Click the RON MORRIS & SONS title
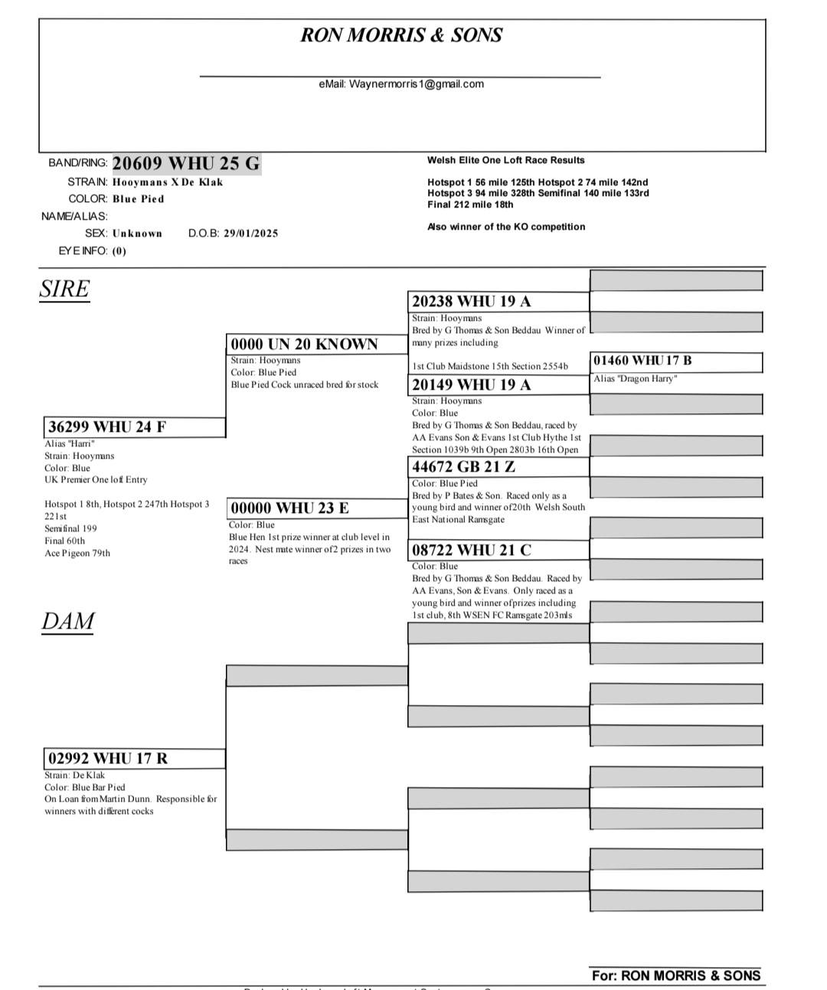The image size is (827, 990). click(x=400, y=35)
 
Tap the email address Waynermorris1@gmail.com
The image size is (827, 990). click(x=401, y=84)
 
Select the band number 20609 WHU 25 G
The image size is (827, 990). click(x=186, y=163)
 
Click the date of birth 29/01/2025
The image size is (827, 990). click(x=250, y=234)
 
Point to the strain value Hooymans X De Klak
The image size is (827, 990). click(x=168, y=182)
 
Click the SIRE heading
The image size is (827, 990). click(x=64, y=289)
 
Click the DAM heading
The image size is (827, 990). click(x=67, y=621)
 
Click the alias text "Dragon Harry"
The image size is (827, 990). click(x=635, y=379)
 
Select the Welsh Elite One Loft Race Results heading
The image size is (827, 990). click(x=505, y=161)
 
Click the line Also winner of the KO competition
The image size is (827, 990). click(x=506, y=227)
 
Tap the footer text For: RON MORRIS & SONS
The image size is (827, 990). click(x=675, y=975)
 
